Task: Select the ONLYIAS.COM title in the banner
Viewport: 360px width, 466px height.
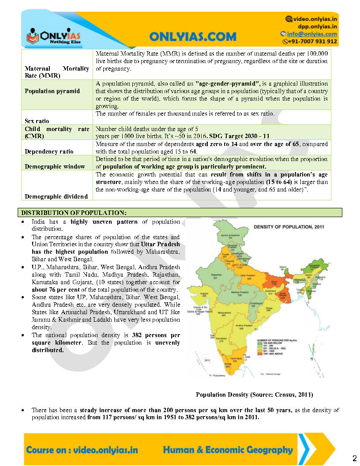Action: (192, 37)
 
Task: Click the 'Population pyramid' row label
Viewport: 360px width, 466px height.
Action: (52, 91)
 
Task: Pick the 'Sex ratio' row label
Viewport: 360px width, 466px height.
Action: (37, 121)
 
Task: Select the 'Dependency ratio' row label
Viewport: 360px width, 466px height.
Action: (49, 151)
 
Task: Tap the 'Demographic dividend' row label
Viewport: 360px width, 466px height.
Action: (56, 196)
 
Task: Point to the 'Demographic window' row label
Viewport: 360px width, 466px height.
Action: (55, 166)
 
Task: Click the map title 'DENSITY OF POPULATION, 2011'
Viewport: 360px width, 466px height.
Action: (288, 226)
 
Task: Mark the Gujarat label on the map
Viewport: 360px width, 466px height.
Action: (204, 293)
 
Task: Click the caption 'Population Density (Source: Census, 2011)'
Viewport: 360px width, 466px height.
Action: (255, 394)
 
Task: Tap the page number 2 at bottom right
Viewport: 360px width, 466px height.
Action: (354, 456)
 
